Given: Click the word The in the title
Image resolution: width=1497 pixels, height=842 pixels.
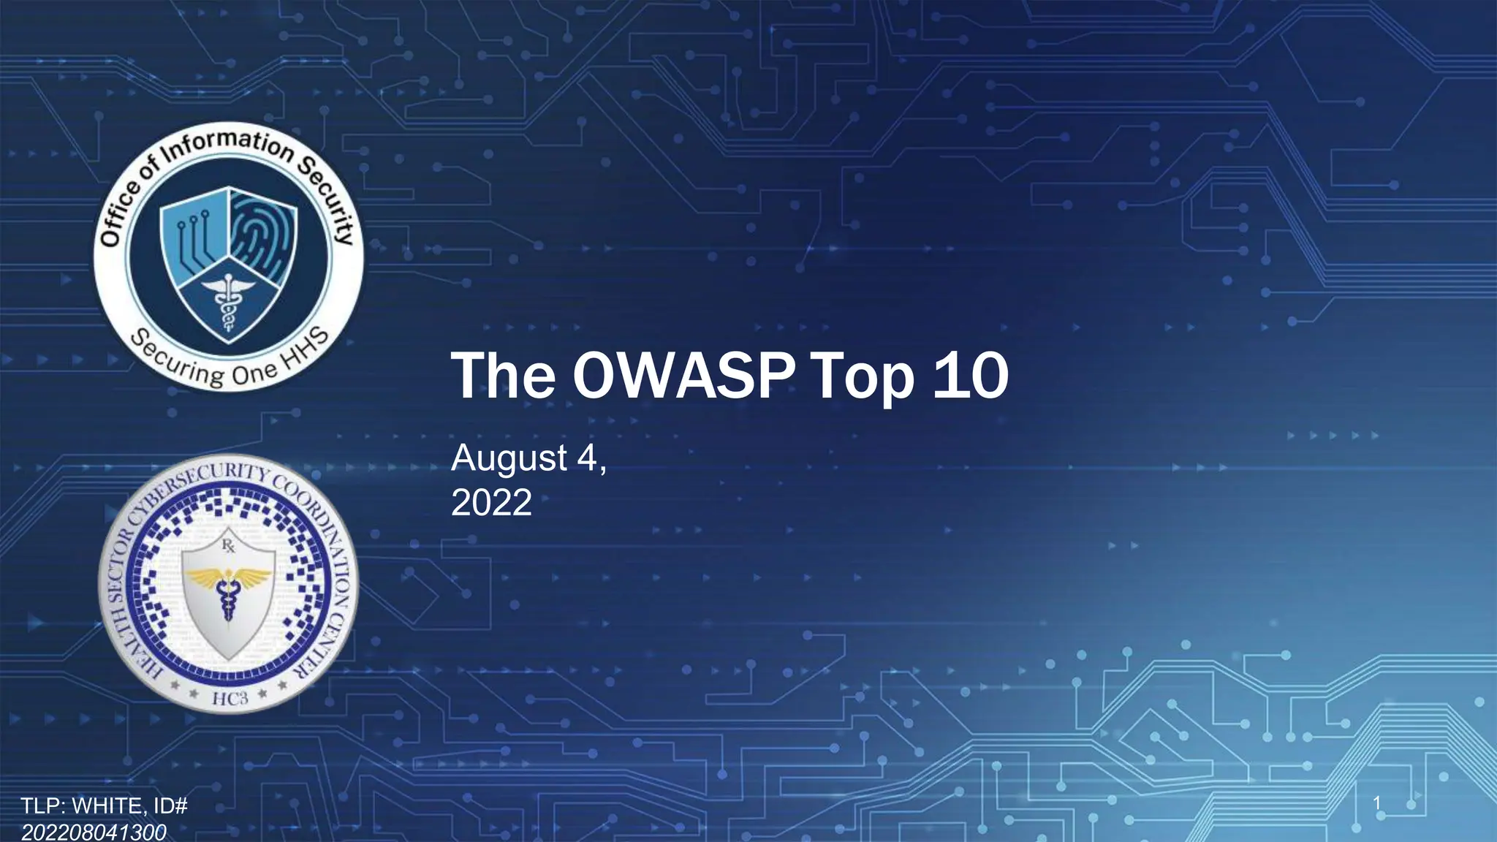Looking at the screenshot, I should point(503,376).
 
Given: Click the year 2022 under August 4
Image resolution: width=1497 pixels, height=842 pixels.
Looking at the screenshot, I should point(491,503).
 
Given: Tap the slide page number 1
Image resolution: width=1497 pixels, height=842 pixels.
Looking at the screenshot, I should point(1377,804).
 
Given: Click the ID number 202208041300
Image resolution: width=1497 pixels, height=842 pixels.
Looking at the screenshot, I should point(94,832).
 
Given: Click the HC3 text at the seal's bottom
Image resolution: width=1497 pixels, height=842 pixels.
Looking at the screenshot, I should point(230,698).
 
